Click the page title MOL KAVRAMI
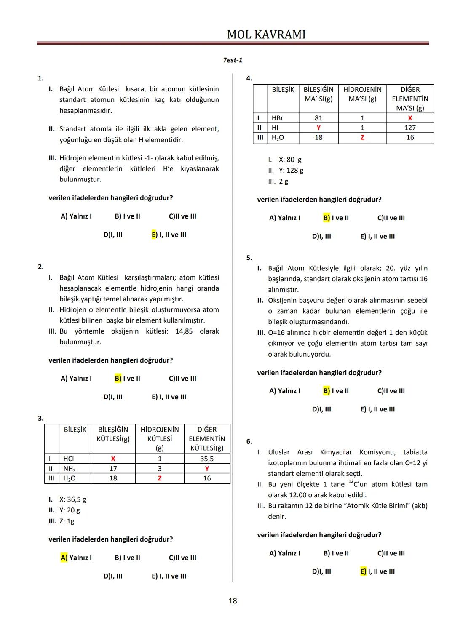coord(266,35)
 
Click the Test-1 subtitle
coord(233,60)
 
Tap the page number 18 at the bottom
coord(233,601)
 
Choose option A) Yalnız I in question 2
coord(76,379)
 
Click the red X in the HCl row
coord(113,459)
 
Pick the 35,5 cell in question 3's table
coord(207,459)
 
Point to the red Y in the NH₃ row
coord(207,469)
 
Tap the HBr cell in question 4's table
coord(278,118)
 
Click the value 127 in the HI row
coord(410,128)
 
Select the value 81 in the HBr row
coord(318,118)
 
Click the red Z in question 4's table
coord(362,137)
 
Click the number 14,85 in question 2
coord(184,331)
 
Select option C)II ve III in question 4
coord(391,218)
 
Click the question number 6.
coord(249,441)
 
